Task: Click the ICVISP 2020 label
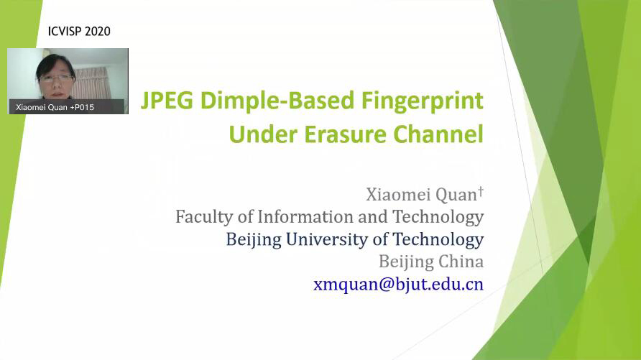[79, 32]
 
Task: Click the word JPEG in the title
[167, 101]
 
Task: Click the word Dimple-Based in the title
[277, 101]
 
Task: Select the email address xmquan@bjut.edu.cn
[399, 284]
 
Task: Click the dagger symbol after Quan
[481, 190]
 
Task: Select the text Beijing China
[431, 262]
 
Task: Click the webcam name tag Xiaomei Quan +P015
[55, 108]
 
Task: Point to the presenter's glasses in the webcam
[55, 78]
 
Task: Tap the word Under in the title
[263, 134]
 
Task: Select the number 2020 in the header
[97, 32]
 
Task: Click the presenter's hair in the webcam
[55, 64]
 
